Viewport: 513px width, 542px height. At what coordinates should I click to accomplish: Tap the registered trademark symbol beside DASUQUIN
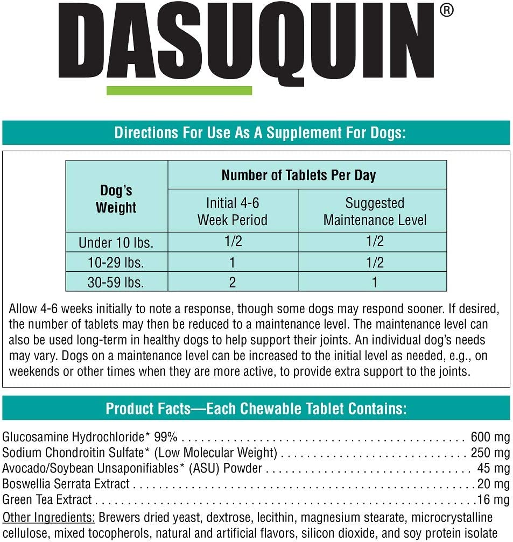coord(446,11)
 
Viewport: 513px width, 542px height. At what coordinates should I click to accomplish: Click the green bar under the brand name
coord(179,90)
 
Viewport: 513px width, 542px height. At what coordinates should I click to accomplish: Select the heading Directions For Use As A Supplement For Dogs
coord(260,133)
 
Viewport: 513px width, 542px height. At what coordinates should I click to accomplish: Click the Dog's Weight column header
coord(116,199)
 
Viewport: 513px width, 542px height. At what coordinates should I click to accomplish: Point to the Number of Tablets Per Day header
coord(299,175)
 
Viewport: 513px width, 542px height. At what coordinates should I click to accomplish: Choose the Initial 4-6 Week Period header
coord(233,211)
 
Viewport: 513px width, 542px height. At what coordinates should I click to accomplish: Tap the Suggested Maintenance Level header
coord(375,211)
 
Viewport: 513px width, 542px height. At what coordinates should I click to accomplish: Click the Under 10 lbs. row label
coord(116,243)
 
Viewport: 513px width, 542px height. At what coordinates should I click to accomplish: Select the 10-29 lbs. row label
coord(116,263)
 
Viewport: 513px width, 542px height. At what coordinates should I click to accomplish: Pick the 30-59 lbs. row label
coord(116,282)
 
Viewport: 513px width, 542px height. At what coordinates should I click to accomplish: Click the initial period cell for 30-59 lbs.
coord(233,282)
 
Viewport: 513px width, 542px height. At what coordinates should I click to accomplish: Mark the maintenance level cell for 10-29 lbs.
coord(375,262)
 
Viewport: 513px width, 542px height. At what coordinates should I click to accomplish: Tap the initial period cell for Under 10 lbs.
coord(233,242)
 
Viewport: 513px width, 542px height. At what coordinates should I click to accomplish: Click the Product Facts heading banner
coord(256,409)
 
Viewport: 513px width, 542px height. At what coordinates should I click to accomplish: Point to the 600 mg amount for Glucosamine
coord(490,437)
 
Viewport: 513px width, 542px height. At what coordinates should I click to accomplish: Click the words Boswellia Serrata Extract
coord(66,484)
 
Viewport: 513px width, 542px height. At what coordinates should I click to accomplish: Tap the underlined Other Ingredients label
coord(49,518)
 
